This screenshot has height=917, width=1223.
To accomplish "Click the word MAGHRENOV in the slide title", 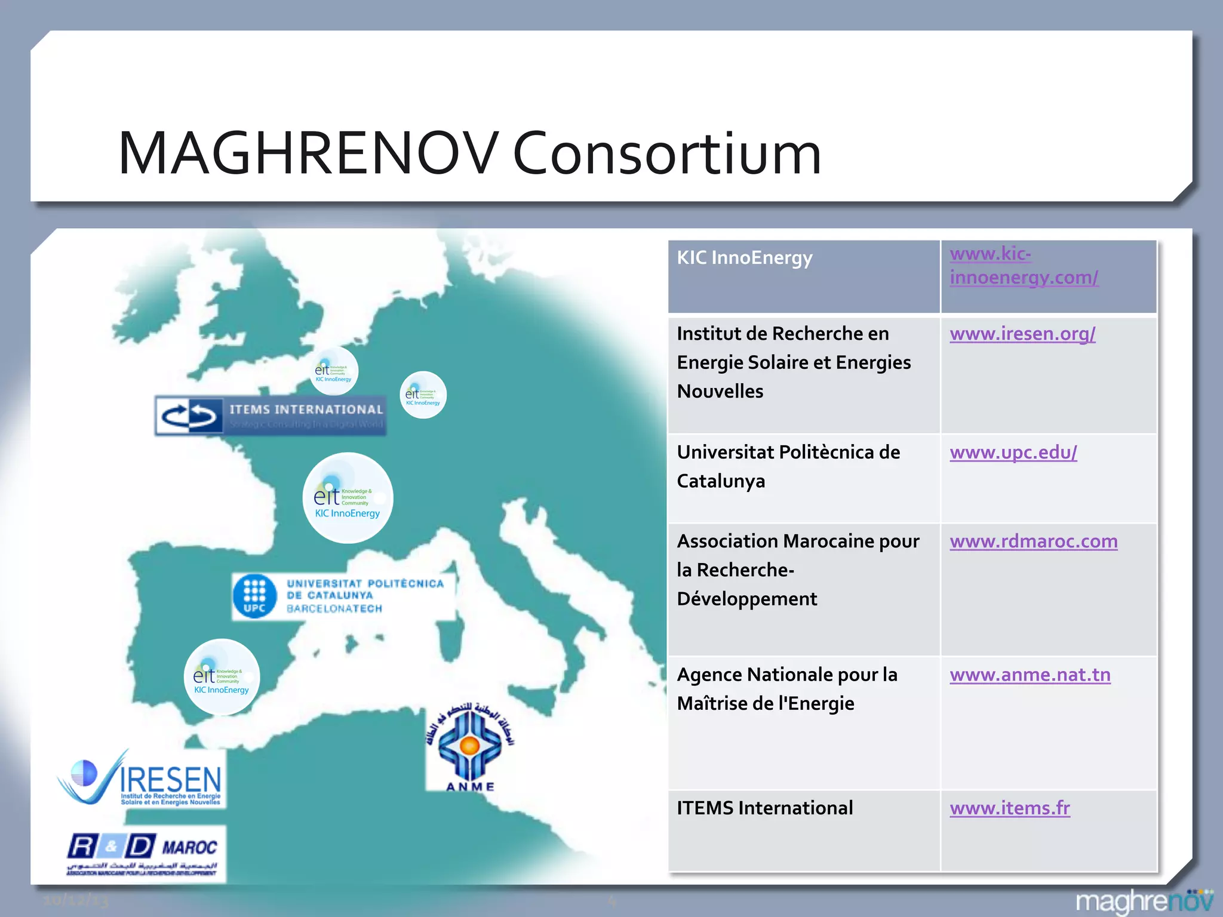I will (x=308, y=153).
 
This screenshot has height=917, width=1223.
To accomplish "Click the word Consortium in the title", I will (x=667, y=153).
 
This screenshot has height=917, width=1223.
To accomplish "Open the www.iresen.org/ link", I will (x=1022, y=334).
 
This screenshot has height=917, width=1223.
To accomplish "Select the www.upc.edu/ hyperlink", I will (x=1013, y=453).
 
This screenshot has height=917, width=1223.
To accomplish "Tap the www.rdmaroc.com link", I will (x=1034, y=541).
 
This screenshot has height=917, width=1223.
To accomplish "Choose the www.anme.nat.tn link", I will (x=1030, y=675).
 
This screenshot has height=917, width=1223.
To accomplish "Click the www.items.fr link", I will (x=1010, y=808).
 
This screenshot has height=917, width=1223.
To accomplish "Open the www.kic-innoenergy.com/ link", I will (x=1024, y=266).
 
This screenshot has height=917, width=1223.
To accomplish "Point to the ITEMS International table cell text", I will (x=765, y=808).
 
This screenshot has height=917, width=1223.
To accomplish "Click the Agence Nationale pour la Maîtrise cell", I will (x=787, y=690).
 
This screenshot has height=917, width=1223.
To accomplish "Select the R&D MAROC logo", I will (x=143, y=853).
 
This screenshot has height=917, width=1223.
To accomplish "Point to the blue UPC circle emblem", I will (x=255, y=596).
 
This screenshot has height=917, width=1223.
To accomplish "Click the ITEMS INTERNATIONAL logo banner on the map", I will (x=271, y=416).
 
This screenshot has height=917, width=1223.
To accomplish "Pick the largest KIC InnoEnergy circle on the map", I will (x=348, y=498).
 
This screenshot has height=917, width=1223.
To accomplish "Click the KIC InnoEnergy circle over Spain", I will (x=222, y=677).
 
